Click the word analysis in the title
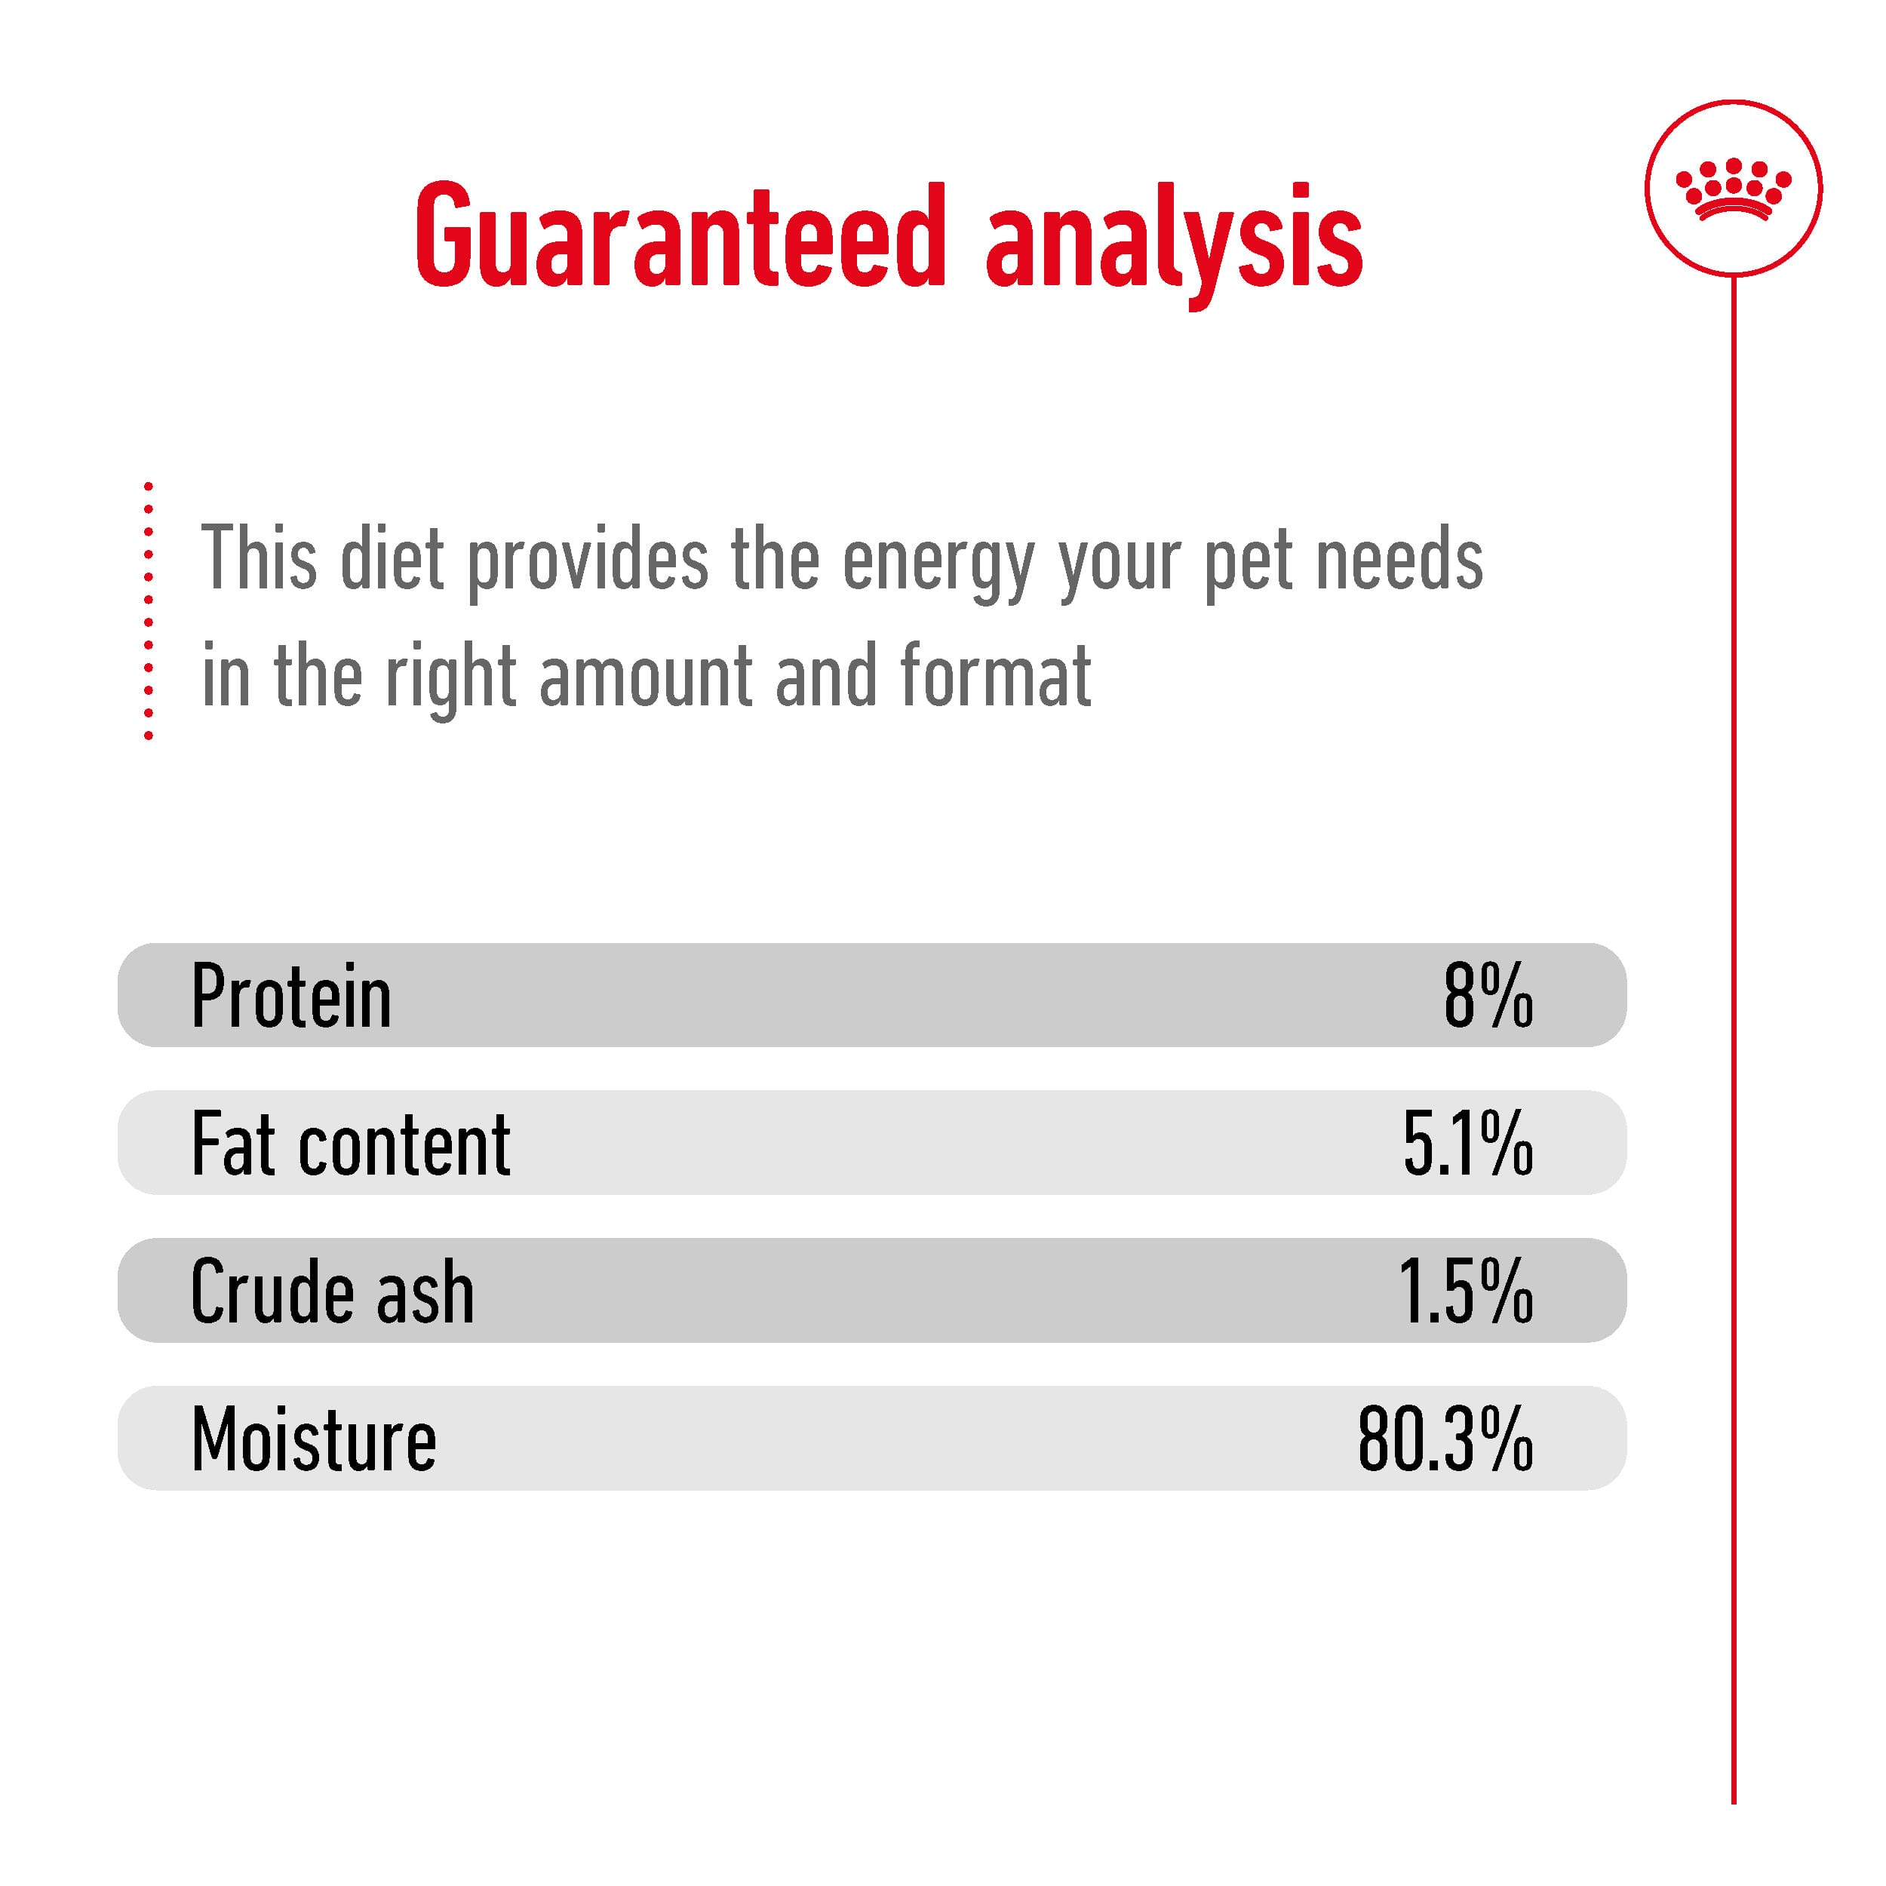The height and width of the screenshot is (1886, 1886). (x=1175, y=244)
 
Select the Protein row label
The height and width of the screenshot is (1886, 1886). (x=291, y=996)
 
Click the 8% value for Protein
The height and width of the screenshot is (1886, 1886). (x=1488, y=996)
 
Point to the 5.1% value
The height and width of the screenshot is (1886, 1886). (x=1468, y=1143)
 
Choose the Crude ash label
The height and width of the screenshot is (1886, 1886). (x=332, y=1292)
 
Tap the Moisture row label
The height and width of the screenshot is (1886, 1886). (x=313, y=1439)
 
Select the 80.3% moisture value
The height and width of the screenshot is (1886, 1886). (x=1445, y=1439)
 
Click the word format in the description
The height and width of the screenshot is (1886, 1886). (x=996, y=674)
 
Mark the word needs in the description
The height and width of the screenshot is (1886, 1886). (x=1400, y=558)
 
